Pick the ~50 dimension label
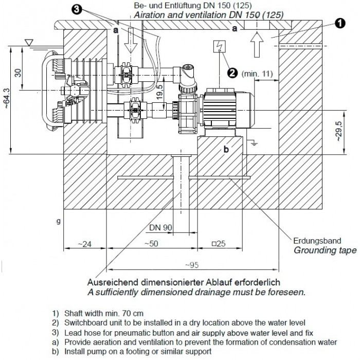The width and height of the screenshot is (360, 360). click(151, 243)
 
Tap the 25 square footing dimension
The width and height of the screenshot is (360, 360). click(221, 243)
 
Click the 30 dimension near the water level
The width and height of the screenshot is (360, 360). click(19, 71)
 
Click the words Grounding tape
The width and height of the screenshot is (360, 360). click(325, 250)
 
